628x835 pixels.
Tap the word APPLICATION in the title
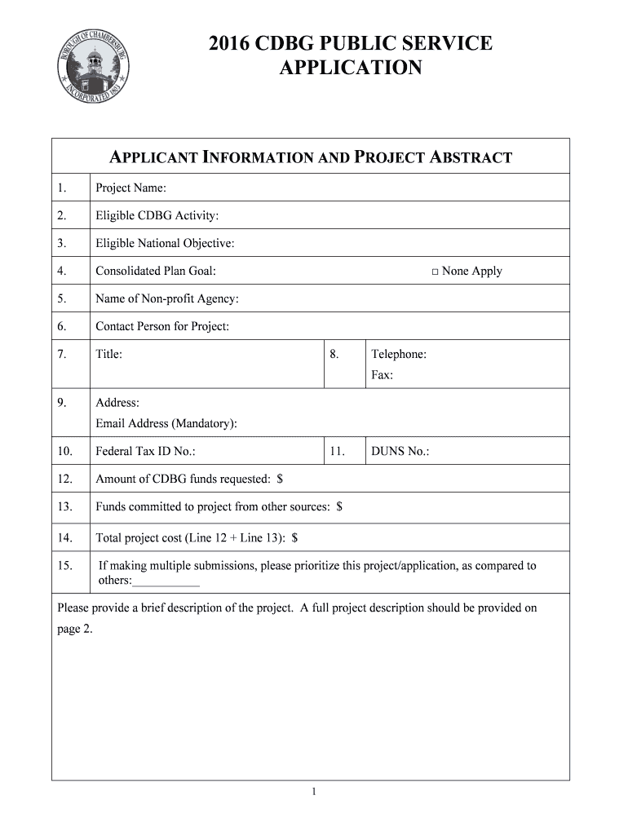pyautogui.click(x=351, y=68)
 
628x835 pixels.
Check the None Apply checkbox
pyautogui.click(x=436, y=272)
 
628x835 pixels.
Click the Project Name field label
pyautogui.click(x=130, y=188)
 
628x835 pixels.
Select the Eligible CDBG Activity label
pyautogui.click(x=157, y=216)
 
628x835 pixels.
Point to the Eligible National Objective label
pyautogui.click(x=165, y=244)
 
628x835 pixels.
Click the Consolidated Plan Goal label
pyautogui.click(x=155, y=272)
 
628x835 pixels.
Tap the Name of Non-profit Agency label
pyautogui.click(x=166, y=299)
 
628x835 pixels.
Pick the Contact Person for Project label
pyautogui.click(x=162, y=327)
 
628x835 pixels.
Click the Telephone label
pyautogui.click(x=398, y=355)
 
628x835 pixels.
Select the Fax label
pyautogui.click(x=382, y=376)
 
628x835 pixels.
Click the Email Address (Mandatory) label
pyautogui.click(x=166, y=423)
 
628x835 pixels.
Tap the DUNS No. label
pyautogui.click(x=400, y=451)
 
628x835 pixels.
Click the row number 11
pyautogui.click(x=338, y=451)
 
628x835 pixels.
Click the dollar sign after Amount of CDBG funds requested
pyautogui.click(x=280, y=479)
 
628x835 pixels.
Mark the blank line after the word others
pyautogui.click(x=166, y=581)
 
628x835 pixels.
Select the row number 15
pyautogui.click(x=65, y=565)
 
